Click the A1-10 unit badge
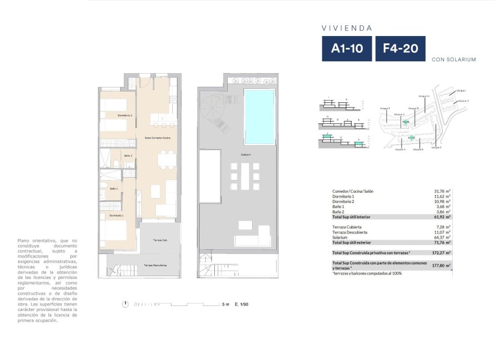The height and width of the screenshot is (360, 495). pos(346,49)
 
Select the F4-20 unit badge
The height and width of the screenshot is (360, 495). pos(400,49)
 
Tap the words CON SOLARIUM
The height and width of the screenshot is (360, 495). pos(454,59)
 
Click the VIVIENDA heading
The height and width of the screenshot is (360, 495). pos(346,27)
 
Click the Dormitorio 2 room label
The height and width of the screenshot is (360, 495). pos(124,115)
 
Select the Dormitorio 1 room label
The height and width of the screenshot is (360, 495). pos(116,215)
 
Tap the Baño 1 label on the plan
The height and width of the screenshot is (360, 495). pos(113,188)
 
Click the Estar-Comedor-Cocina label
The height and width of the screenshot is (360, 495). pos(158,138)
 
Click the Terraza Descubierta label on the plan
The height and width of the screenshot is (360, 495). pos(157,265)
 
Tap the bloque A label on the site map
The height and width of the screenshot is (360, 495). pos(400,150)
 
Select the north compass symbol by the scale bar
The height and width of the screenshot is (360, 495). pos(125,304)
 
